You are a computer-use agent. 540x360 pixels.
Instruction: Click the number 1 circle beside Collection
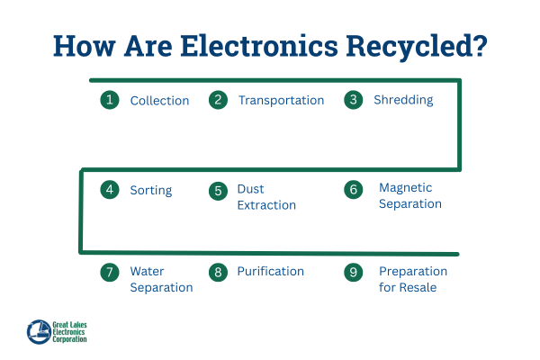(110, 100)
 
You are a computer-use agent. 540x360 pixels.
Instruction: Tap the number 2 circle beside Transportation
(218, 100)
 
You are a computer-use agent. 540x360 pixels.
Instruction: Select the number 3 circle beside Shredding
(354, 100)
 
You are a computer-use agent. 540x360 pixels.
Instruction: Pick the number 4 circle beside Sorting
(110, 190)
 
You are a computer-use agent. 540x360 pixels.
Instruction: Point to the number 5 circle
(218, 191)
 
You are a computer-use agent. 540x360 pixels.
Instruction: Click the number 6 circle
(354, 190)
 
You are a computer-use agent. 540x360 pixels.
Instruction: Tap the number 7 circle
(110, 272)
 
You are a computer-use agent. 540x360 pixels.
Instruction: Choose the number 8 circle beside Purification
(218, 272)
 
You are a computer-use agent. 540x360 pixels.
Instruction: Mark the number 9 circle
(354, 272)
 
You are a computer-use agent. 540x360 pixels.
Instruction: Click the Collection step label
(159, 101)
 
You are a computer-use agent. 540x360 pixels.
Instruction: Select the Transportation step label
(281, 101)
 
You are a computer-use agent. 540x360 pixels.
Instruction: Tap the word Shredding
(403, 101)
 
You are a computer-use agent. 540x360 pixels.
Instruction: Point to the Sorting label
(150, 191)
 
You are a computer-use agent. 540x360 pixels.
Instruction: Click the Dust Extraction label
(265, 197)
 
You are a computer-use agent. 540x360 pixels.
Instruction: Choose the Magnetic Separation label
(409, 196)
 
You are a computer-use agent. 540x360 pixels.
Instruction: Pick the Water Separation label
(161, 279)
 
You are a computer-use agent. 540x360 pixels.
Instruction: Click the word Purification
(270, 272)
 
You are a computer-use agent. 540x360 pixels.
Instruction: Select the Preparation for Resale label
(412, 279)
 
